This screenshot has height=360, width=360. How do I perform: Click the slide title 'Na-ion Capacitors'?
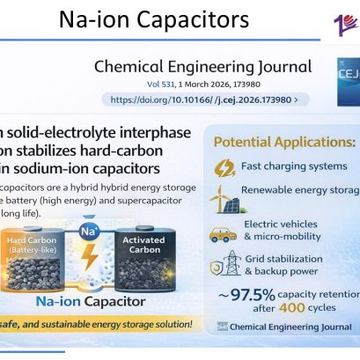(154, 18)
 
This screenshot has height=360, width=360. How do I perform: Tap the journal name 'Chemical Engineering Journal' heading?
(203, 66)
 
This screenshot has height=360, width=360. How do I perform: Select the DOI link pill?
(203, 100)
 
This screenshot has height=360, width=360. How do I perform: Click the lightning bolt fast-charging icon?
(224, 167)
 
